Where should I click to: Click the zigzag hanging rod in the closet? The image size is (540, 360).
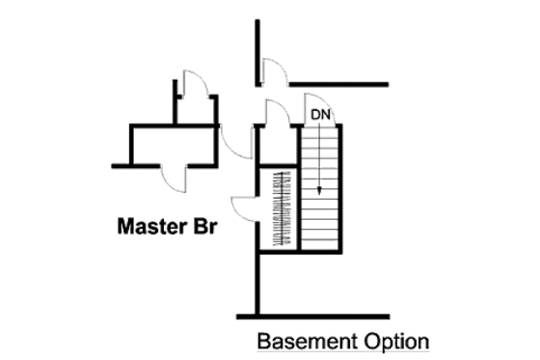283,208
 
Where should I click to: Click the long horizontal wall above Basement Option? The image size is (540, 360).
312,315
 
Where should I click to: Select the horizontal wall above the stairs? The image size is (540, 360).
338,84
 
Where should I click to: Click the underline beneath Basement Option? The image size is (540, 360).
341,353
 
